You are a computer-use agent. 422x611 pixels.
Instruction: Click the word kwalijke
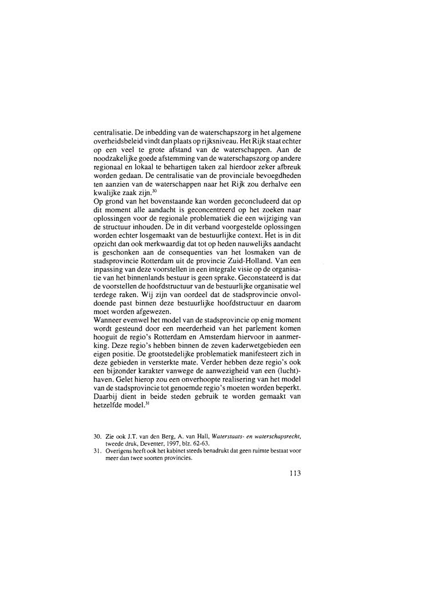tap(109, 193)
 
